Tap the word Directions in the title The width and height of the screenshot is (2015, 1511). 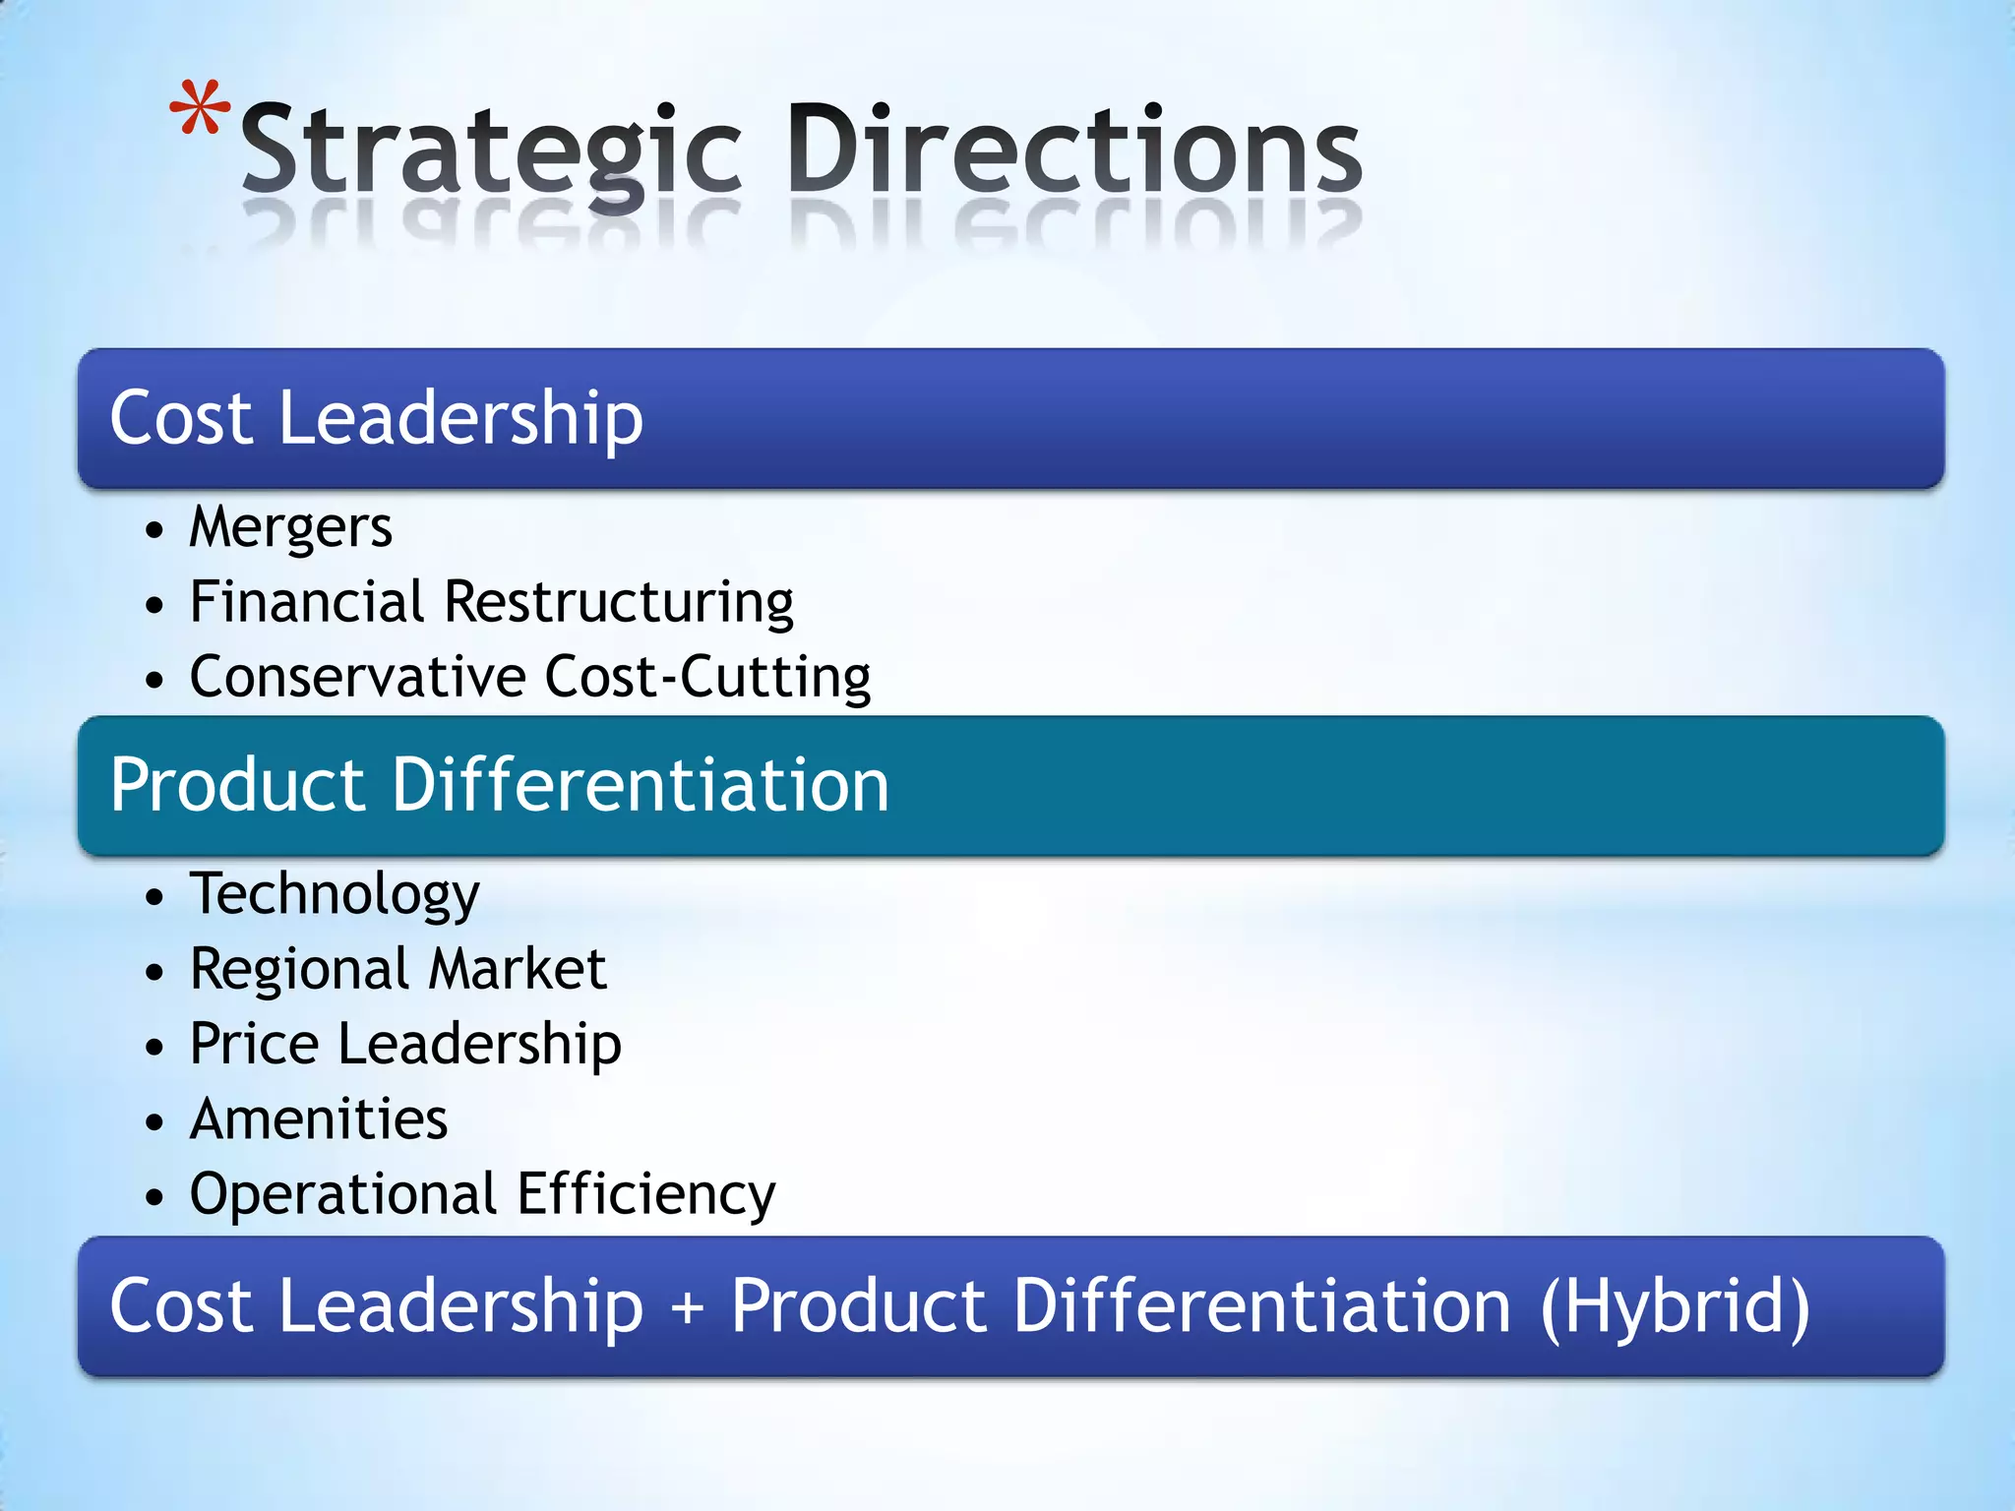pos(1074,149)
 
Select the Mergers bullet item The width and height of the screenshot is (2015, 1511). pos(290,527)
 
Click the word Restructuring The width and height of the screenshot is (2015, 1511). pos(619,603)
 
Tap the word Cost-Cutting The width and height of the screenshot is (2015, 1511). pos(707,677)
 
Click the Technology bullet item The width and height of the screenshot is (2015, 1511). pos(335,895)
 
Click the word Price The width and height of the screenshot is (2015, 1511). pos(253,1044)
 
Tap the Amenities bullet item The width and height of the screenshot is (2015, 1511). pos(319,1119)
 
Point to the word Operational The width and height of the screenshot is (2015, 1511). pos(343,1195)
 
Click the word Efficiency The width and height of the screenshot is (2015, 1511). pos(646,1195)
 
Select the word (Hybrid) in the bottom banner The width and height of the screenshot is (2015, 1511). pos(1675,1307)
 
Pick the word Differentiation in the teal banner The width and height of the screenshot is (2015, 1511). pos(641,785)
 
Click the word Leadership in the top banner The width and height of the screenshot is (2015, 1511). pos(460,418)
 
